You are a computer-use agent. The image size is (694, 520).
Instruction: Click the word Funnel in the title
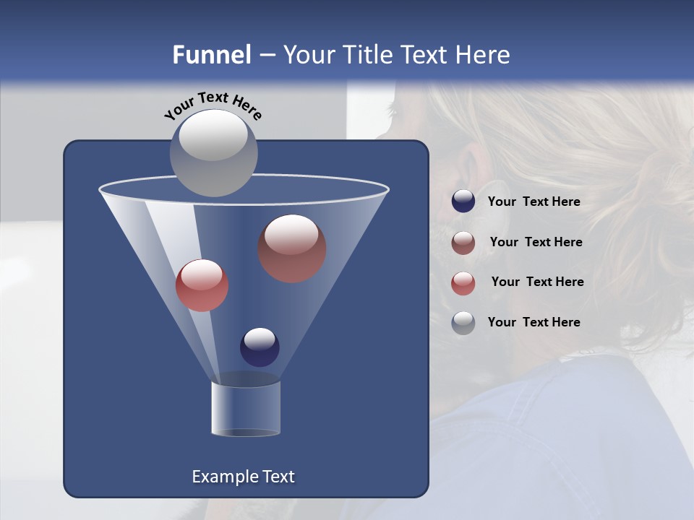211,55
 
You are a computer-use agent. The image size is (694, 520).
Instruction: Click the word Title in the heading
369,55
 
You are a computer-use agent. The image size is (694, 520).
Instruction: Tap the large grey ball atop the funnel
213,152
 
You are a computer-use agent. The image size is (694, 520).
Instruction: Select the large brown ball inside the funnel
292,248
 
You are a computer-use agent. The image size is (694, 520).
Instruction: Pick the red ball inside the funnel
202,285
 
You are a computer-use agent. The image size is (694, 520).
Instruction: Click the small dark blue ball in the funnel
260,347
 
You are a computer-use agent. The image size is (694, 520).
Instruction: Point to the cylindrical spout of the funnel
246,408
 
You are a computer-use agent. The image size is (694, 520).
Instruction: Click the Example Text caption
243,477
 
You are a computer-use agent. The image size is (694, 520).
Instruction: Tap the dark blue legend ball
463,201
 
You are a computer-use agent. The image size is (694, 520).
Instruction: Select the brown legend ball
463,243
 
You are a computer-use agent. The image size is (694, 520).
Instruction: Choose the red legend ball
463,283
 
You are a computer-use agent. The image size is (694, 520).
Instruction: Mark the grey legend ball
463,323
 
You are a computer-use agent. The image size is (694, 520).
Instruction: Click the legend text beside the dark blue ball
534,202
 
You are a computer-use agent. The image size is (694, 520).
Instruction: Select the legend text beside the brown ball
536,243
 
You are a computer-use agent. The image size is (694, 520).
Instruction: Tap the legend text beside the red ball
537,282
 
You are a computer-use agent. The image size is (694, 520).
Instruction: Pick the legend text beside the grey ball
534,322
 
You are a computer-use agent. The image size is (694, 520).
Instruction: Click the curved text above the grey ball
213,104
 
